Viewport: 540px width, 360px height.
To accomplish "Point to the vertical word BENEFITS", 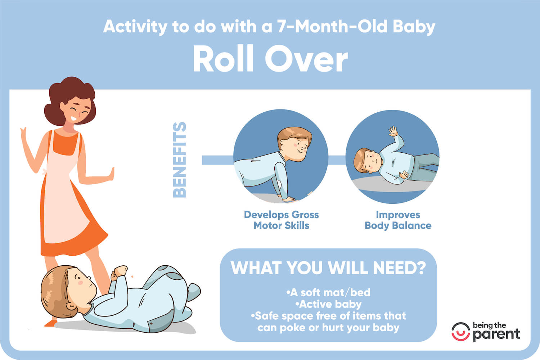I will click(x=180, y=160).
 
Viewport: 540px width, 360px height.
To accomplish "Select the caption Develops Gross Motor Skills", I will click(x=281, y=220).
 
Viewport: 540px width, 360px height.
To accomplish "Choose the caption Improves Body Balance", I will click(x=398, y=220).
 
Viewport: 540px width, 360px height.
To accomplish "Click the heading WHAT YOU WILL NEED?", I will click(x=328, y=268).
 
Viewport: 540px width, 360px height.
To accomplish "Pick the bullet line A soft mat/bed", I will click(x=328, y=292).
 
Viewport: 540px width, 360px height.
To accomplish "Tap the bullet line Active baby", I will click(x=328, y=304).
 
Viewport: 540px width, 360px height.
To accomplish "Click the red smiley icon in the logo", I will click(x=460, y=332).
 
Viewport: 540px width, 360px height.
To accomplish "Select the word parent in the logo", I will click(x=496, y=334).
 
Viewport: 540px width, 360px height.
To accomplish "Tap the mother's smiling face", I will click(x=77, y=110).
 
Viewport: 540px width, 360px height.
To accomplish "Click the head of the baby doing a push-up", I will click(x=293, y=142).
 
